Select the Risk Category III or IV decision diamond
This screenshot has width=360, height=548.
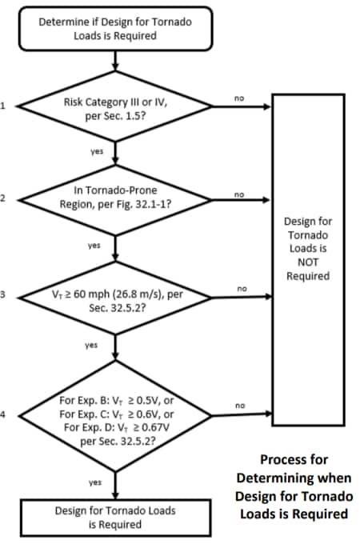(115, 107)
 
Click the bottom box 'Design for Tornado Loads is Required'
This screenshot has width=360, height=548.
(115, 517)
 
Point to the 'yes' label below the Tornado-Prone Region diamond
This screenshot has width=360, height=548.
(94, 246)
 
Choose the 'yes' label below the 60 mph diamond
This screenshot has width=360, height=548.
(92, 346)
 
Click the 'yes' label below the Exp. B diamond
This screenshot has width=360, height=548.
(94, 482)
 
